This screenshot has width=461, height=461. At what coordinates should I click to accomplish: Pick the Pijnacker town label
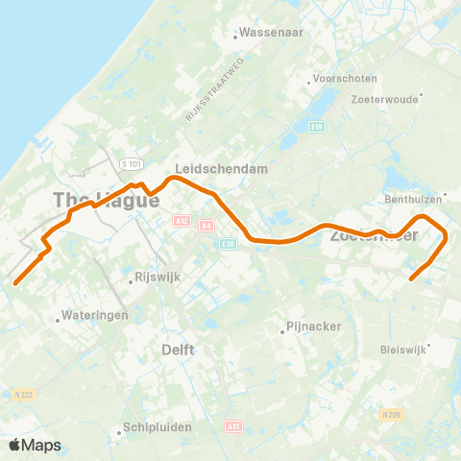(x=314, y=328)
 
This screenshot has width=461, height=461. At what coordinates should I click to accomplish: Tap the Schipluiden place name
(x=157, y=429)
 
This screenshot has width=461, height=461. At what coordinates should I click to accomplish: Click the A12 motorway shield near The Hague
(x=182, y=221)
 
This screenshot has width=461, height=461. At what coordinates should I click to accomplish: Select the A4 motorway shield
(x=206, y=225)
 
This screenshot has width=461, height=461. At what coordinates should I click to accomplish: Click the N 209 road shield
(x=389, y=415)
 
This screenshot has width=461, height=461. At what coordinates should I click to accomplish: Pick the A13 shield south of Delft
(x=233, y=426)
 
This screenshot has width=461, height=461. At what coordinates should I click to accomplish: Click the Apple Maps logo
(x=35, y=445)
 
